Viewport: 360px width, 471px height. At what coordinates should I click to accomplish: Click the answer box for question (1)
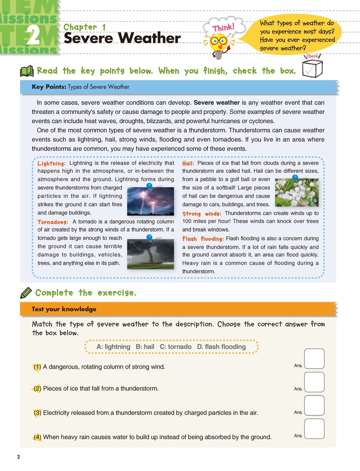[x=314, y=359]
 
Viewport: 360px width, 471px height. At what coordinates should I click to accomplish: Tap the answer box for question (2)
[x=314, y=382]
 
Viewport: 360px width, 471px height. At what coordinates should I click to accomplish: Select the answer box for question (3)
[x=314, y=405]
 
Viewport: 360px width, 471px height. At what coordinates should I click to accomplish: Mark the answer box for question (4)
[x=314, y=429]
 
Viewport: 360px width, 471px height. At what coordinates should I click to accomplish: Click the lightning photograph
[x=151, y=201]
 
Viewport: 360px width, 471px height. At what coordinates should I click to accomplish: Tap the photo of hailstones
[x=297, y=193]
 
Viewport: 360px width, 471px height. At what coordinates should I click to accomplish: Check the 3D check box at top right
[x=313, y=67]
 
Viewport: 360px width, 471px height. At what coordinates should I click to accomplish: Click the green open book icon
[x=27, y=71]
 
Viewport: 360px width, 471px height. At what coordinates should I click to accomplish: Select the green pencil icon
[x=26, y=293]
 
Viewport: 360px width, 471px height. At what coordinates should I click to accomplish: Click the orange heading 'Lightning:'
[x=51, y=163]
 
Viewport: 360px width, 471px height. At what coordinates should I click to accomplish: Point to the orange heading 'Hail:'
[x=188, y=163]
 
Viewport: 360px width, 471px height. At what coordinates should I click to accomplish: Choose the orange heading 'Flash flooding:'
[x=203, y=239]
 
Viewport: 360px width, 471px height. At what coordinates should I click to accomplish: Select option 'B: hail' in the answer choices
[x=145, y=347]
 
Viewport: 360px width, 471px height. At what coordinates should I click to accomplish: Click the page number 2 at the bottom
[x=18, y=457]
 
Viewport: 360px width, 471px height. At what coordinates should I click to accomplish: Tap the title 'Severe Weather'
[x=122, y=38]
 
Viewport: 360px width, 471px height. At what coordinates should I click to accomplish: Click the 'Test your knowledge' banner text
[x=64, y=309]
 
